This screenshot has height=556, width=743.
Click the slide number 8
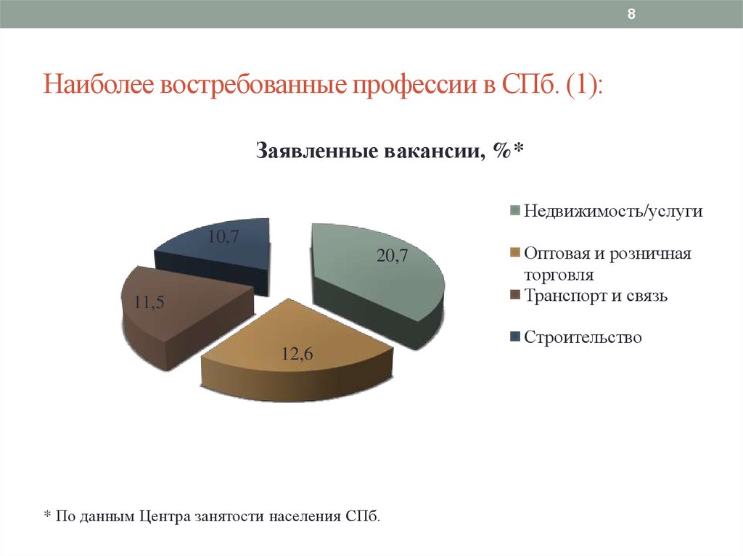[x=631, y=14]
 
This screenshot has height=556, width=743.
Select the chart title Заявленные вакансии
[x=370, y=151]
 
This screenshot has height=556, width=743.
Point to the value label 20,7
[x=392, y=256]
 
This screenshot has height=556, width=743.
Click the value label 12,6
[x=297, y=354]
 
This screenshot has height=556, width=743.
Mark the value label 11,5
[x=149, y=302]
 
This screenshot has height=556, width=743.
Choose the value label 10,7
[x=223, y=236]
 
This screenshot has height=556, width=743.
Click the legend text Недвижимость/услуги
[x=613, y=211]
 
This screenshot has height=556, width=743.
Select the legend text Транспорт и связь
[x=596, y=296]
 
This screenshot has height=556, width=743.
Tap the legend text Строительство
[x=583, y=337]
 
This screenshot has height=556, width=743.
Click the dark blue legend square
[x=515, y=337]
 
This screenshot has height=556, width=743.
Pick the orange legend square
[x=515, y=252]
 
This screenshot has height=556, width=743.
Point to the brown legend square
[x=515, y=294]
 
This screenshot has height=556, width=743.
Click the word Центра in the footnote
[x=165, y=516]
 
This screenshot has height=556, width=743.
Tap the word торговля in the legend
[x=559, y=275]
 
